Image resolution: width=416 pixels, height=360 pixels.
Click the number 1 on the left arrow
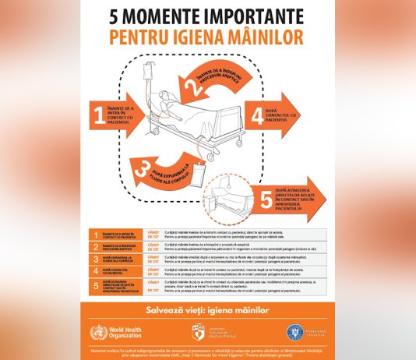click(x=98, y=116)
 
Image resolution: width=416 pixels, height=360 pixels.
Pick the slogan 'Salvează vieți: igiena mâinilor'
click(x=207, y=310)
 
